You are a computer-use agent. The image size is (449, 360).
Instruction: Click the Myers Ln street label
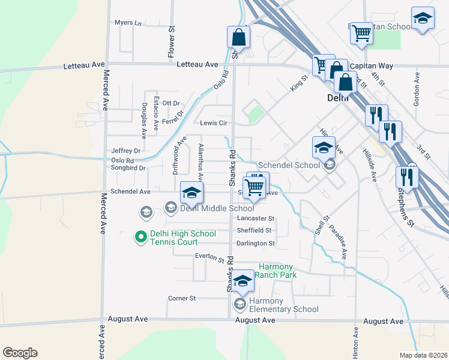pos(128,23)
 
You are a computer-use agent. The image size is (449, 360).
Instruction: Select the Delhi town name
pos(338,98)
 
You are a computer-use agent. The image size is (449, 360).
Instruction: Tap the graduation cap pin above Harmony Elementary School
pos(243,281)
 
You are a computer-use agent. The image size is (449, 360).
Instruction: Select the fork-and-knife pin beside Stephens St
pos(407,177)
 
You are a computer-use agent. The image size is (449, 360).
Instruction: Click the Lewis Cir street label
pos(213,122)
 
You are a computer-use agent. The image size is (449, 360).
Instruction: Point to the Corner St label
pos(182,298)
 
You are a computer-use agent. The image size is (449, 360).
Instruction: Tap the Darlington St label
pos(255,244)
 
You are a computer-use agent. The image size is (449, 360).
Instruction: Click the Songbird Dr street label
pos(128,168)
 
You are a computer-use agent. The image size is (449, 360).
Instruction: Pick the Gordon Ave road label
pos(416,91)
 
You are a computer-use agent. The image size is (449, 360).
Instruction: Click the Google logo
pos(20,353)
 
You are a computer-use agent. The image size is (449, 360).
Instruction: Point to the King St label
pos(299,83)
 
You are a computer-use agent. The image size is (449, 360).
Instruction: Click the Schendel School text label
pos(288,165)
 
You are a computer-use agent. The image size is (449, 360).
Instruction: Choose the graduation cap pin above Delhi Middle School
pos(191,193)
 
